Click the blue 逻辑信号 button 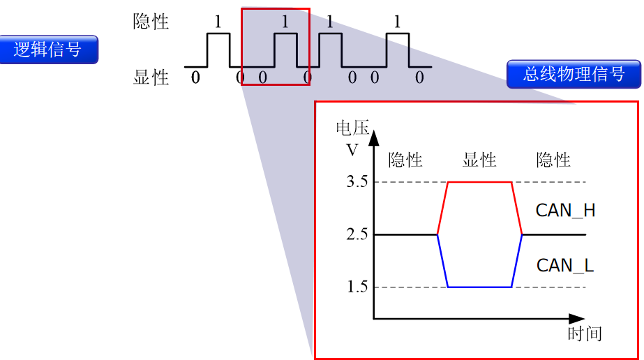point(48,50)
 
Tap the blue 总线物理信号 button point(574,73)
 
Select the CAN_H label point(565,210)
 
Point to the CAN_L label point(564,265)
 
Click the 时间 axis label point(585,333)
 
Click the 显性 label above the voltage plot point(479,160)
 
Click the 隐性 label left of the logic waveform point(151,22)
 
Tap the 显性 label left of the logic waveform point(151,77)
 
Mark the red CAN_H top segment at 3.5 point(479,182)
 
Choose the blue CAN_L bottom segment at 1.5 point(479,287)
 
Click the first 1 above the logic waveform point(218,22)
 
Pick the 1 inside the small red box point(285,22)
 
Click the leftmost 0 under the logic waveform point(195,77)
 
